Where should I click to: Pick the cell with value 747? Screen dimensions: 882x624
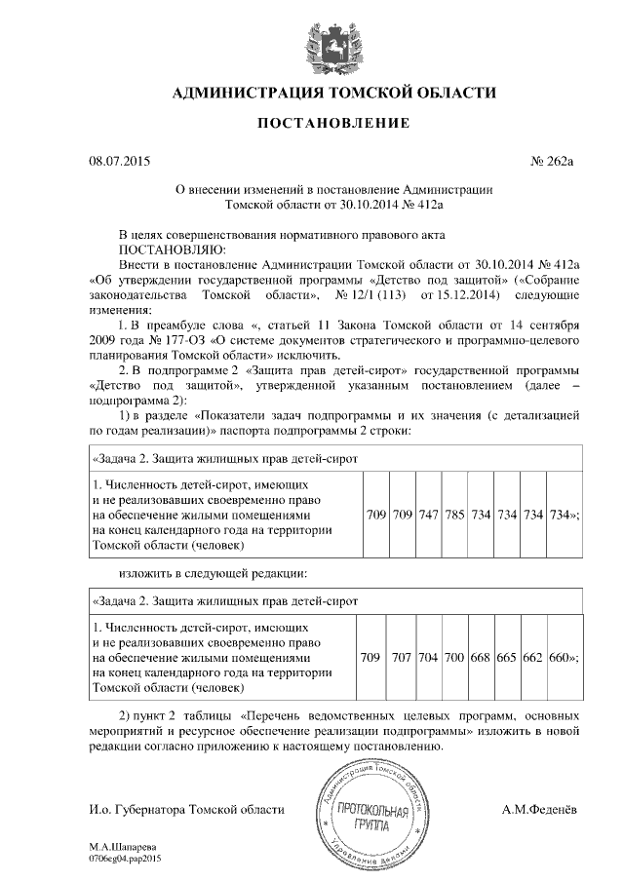tap(428, 514)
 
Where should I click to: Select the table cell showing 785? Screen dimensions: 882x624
tap(454, 514)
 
